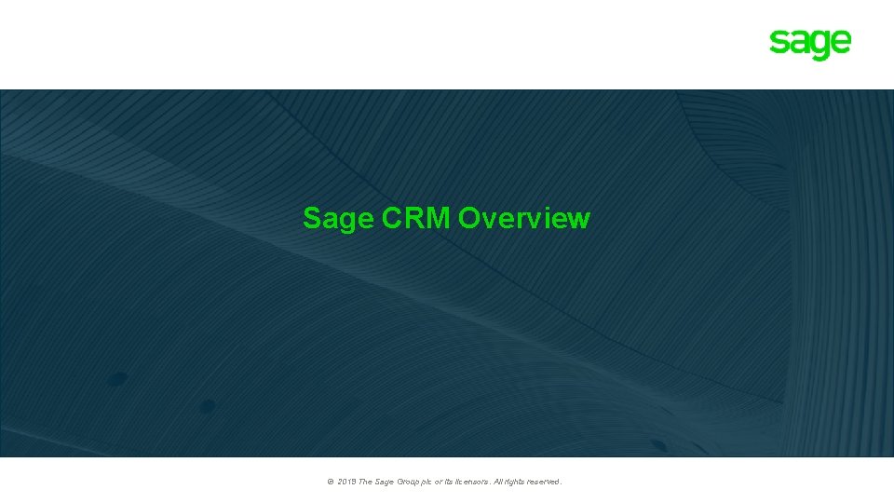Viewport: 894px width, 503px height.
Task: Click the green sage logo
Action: pos(809,44)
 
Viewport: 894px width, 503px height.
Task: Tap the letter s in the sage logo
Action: pos(778,43)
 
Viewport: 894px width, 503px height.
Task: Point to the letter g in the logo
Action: pos(819,46)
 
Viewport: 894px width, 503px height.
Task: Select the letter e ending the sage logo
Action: pos(840,43)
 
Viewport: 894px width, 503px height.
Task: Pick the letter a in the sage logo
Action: pos(798,43)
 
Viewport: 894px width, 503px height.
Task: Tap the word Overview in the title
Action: pos(524,218)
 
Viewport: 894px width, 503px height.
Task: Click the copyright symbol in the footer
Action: pos(331,482)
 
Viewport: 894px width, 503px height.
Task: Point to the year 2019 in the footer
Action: pos(347,482)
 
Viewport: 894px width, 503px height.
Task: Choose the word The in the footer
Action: pos(367,482)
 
